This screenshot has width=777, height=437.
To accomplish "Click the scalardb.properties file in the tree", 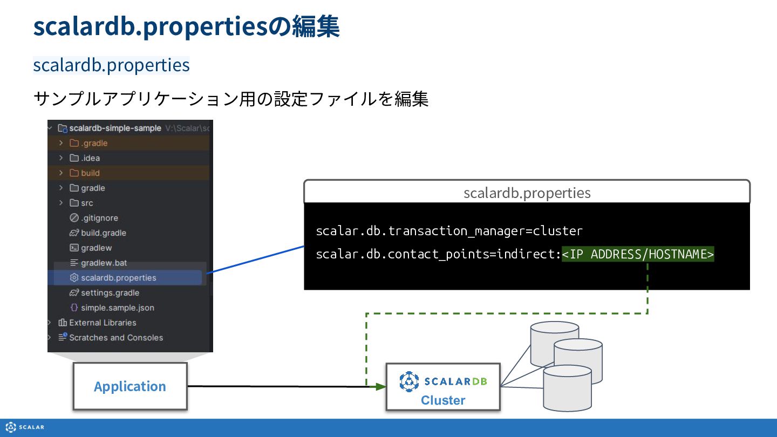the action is [118, 278].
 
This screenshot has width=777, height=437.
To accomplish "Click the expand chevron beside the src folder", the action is [61, 202].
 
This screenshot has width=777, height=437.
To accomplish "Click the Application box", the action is [130, 386].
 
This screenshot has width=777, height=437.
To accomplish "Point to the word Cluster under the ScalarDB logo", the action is [443, 400].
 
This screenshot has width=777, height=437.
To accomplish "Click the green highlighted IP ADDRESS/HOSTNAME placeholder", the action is [638, 254].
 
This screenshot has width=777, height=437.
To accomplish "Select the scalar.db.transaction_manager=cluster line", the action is [449, 231].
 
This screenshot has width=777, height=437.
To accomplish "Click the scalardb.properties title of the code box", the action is [527, 193].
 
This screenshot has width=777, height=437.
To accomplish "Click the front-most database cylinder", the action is [567, 388].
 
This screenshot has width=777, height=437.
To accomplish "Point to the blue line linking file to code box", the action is [255, 260].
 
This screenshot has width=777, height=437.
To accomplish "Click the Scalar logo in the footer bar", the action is [25, 427].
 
